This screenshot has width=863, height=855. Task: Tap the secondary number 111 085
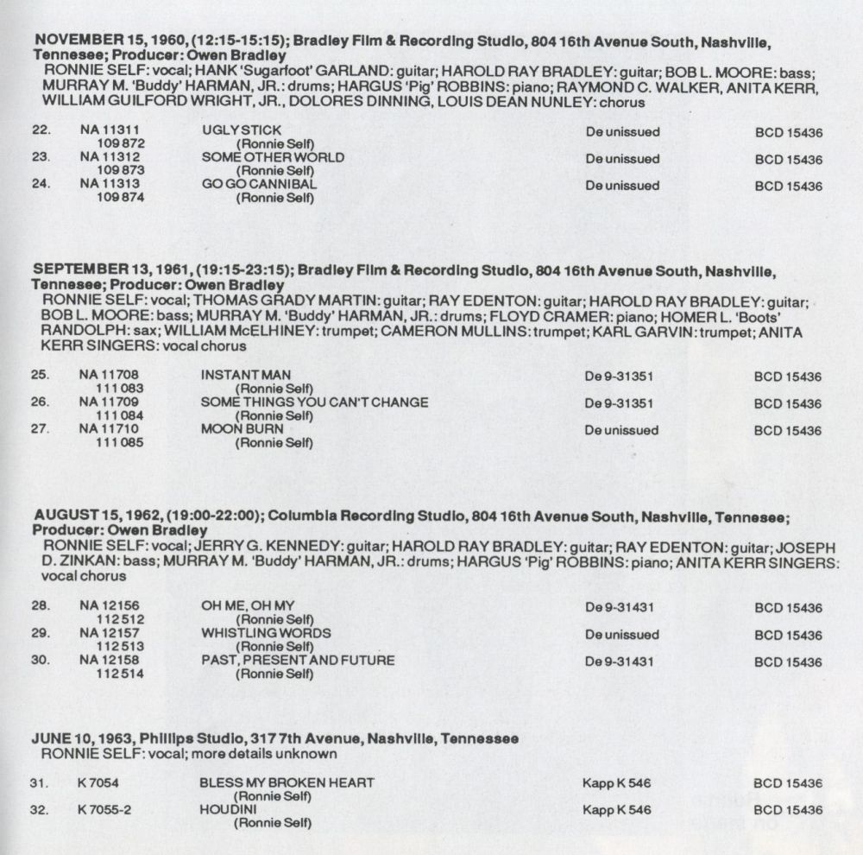120,443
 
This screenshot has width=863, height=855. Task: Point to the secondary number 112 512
120,619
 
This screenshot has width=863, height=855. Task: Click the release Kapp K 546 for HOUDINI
616,809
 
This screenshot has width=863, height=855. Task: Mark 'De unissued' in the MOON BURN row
621,429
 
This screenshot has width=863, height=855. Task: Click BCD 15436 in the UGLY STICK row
788,132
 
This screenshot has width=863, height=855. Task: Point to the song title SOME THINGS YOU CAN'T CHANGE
314,402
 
